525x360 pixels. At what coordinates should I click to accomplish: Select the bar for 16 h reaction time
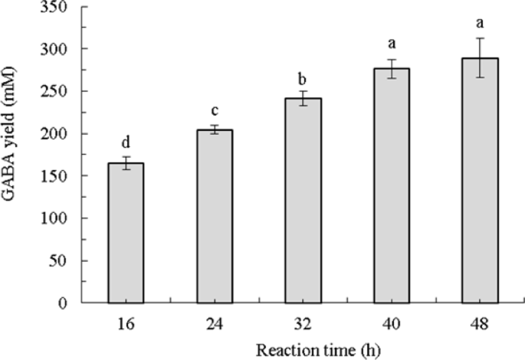point(126,233)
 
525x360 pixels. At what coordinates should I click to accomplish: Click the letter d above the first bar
point(126,142)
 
